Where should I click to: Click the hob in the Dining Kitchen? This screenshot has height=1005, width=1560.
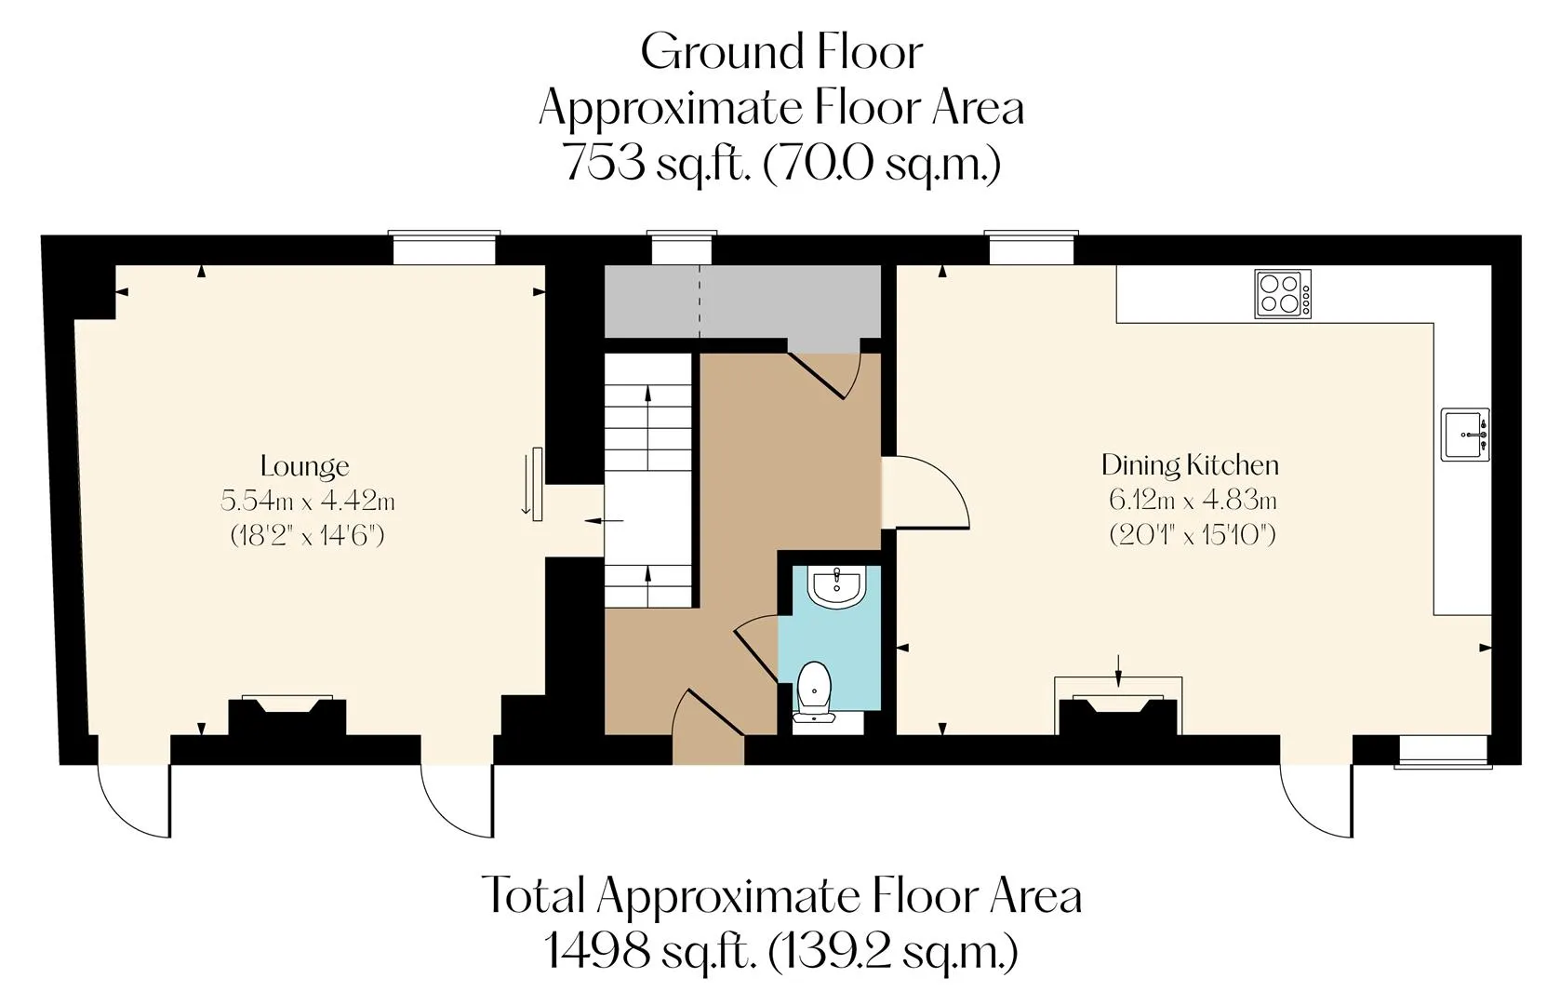(1283, 294)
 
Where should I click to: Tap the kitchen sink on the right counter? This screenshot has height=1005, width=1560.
(1465, 435)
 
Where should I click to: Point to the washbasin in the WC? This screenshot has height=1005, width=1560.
(836, 585)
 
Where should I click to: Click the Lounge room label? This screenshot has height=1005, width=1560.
(305, 466)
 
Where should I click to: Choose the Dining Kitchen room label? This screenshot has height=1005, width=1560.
(1190, 465)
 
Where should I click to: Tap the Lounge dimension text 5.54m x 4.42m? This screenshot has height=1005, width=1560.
(308, 501)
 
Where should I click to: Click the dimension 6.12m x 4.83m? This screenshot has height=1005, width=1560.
(1193, 500)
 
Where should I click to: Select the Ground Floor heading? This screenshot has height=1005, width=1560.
(781, 52)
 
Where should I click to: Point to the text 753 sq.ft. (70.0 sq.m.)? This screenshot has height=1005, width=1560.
(781, 162)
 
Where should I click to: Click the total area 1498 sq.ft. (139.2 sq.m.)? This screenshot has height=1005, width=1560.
(780, 951)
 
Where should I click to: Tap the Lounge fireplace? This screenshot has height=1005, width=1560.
(287, 716)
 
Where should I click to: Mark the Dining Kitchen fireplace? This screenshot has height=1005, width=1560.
(1118, 714)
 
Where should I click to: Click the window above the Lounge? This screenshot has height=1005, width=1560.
(445, 248)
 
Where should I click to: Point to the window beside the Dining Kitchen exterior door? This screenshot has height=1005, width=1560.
(1443, 752)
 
